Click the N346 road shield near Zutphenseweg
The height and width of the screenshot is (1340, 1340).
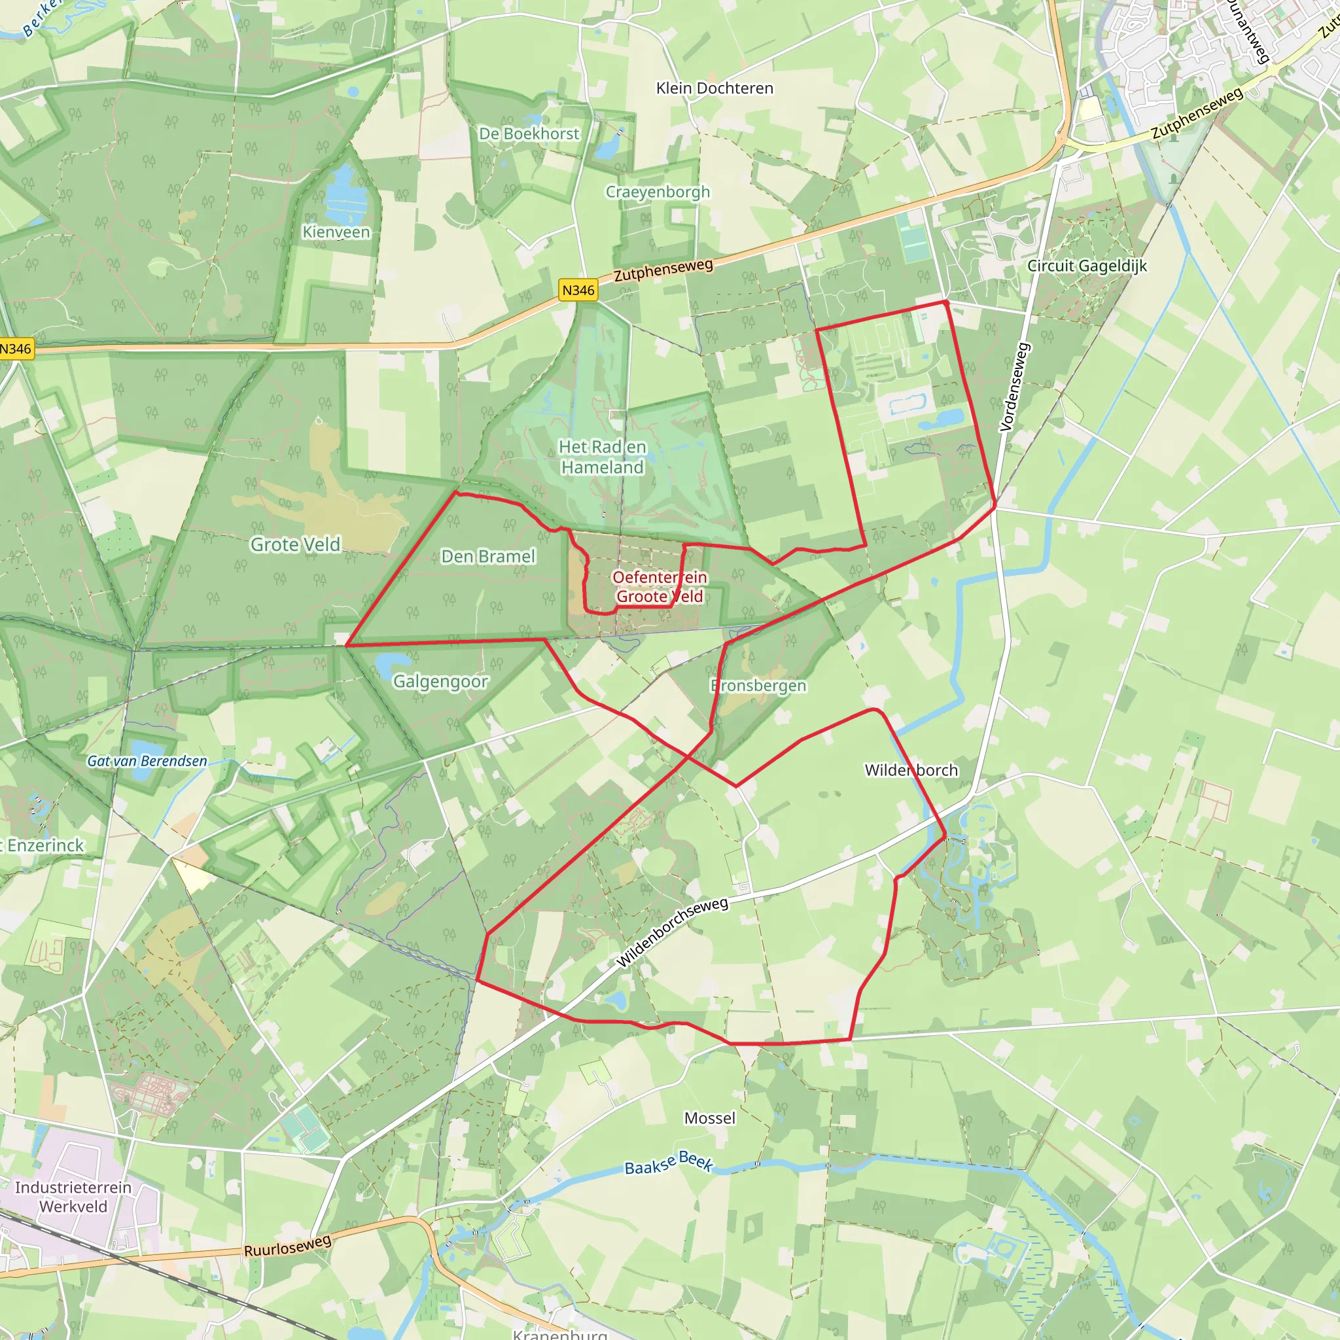(x=578, y=290)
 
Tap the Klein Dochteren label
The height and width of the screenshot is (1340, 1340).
(x=714, y=88)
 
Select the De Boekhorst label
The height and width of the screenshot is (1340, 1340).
(x=529, y=133)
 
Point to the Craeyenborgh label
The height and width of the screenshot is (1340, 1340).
(x=658, y=192)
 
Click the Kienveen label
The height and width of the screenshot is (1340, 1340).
(x=336, y=232)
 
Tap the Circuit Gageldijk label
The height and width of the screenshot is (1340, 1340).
(x=1087, y=266)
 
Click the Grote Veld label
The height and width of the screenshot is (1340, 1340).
(x=296, y=544)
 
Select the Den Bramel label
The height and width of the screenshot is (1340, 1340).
(x=488, y=556)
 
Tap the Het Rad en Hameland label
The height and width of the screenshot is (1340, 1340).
(x=602, y=457)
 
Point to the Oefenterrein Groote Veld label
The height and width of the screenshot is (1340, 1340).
(x=660, y=587)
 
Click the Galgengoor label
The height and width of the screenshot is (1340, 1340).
(x=440, y=682)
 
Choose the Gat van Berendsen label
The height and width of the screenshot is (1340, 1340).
(x=147, y=761)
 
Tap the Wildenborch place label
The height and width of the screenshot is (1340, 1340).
(x=911, y=770)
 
